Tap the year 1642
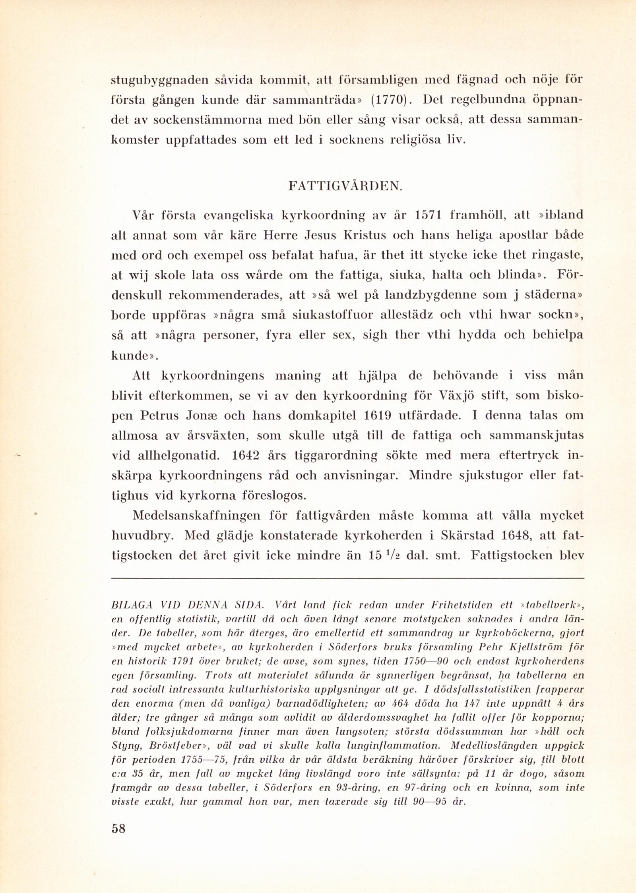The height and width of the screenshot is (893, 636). tap(246, 455)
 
